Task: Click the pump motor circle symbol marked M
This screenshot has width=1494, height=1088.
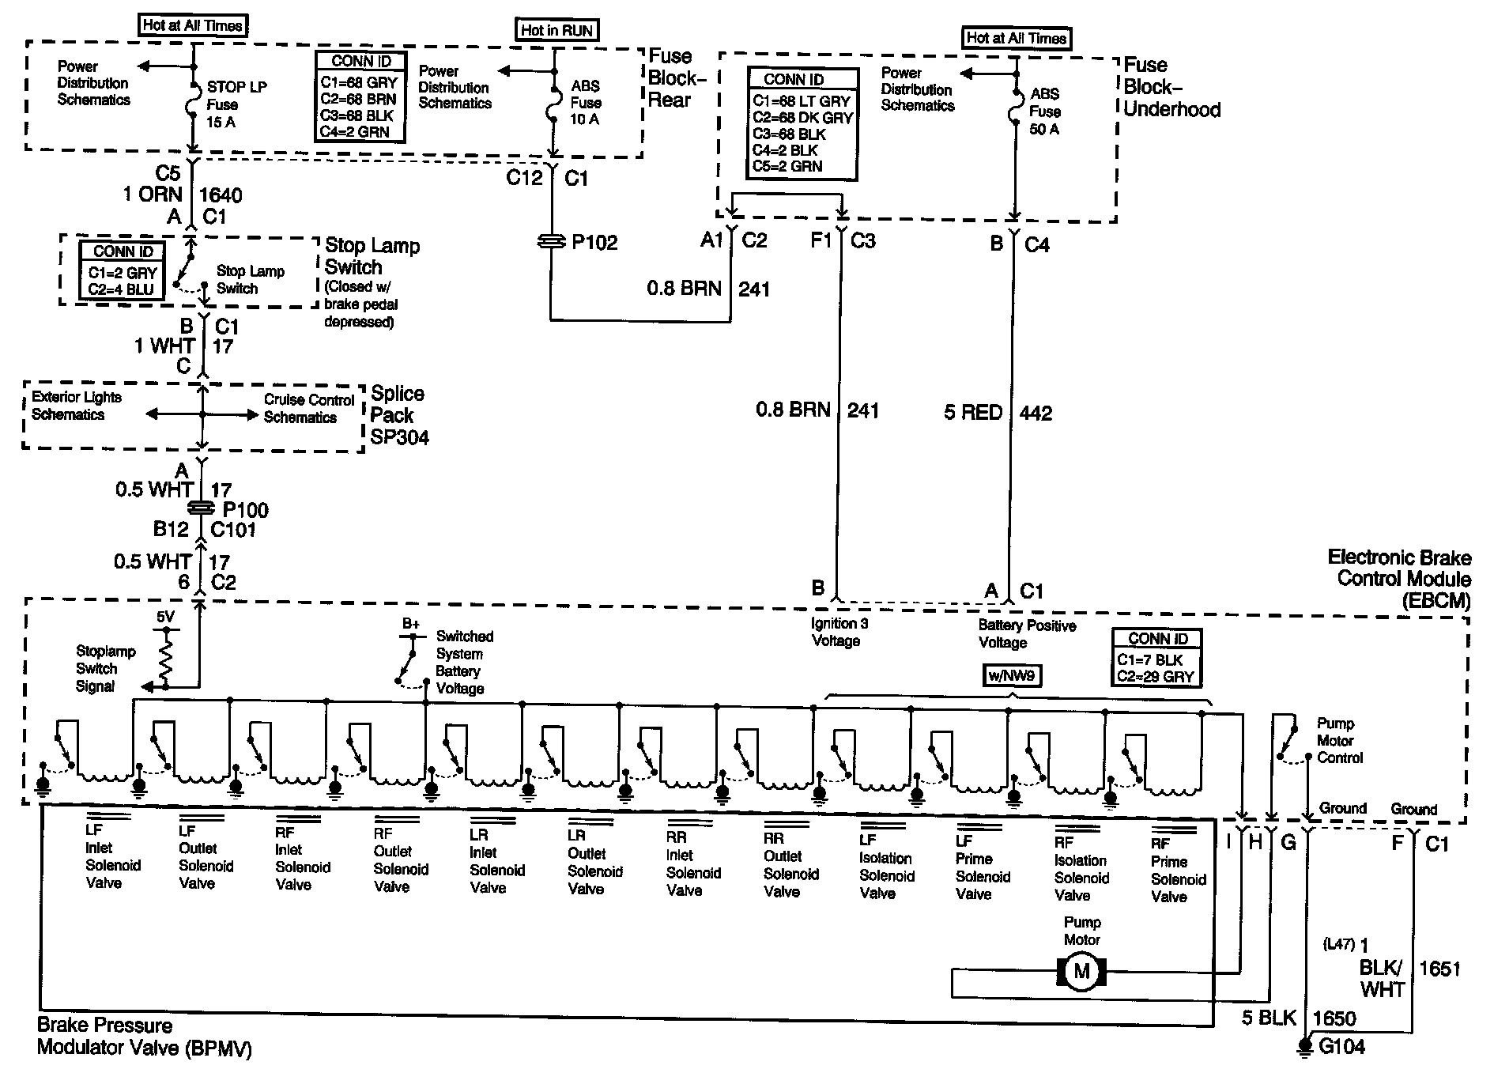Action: pos(1081,971)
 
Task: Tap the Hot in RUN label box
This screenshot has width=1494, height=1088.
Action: pos(557,30)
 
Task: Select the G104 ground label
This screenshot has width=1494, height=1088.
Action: pos(1342,1046)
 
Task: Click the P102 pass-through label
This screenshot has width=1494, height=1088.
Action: pos(594,242)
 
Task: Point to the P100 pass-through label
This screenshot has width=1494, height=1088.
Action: pos(246,510)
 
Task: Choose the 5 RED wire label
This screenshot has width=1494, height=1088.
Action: pos(973,412)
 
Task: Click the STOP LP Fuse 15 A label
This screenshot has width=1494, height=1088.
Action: pos(236,104)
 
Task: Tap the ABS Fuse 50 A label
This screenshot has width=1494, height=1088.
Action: pos(1045,111)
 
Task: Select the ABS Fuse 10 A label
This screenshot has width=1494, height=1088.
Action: pos(586,103)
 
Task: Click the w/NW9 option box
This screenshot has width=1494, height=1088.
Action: pos(1012,675)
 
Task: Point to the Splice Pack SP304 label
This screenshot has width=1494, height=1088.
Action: pos(400,415)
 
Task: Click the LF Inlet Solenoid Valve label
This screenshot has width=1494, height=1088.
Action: pos(113,856)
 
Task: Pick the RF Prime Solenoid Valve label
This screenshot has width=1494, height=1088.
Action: pos(1179,870)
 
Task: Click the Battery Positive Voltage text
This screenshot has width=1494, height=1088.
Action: pos(1027,633)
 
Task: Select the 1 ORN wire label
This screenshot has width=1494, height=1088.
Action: pos(153,195)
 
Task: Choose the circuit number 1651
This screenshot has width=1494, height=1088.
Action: pos(1440,969)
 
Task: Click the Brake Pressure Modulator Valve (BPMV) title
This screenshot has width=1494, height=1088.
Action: pos(145,1037)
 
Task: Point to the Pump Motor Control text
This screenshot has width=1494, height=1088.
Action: pos(1340,741)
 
